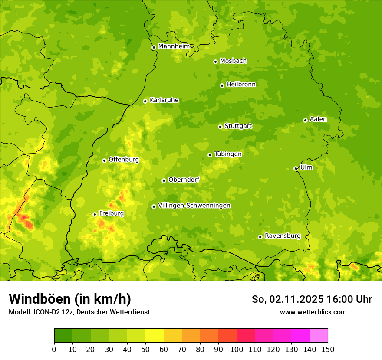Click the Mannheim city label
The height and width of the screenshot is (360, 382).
174,46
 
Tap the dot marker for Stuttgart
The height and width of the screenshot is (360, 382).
220,127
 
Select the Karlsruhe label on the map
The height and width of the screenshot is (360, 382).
164,100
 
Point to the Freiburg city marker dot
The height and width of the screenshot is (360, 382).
95,214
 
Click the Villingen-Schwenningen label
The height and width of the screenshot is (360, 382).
194,206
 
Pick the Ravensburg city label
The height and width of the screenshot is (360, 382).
283,236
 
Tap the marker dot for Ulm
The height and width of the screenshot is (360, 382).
296,168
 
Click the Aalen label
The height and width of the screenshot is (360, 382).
318,119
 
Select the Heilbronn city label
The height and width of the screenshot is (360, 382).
241,85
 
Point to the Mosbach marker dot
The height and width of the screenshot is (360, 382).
215,62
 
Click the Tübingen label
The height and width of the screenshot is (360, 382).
228,154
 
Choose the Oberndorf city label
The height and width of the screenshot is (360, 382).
184,180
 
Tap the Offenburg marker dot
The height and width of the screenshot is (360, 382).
104,160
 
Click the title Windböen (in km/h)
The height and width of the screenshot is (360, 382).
70,299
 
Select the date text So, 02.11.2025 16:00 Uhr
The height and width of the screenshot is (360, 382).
312,299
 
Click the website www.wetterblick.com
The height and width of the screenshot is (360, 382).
313,312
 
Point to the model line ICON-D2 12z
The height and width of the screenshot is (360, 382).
79,312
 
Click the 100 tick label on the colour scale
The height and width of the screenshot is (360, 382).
237,349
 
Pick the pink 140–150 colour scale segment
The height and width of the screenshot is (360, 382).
319,336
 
